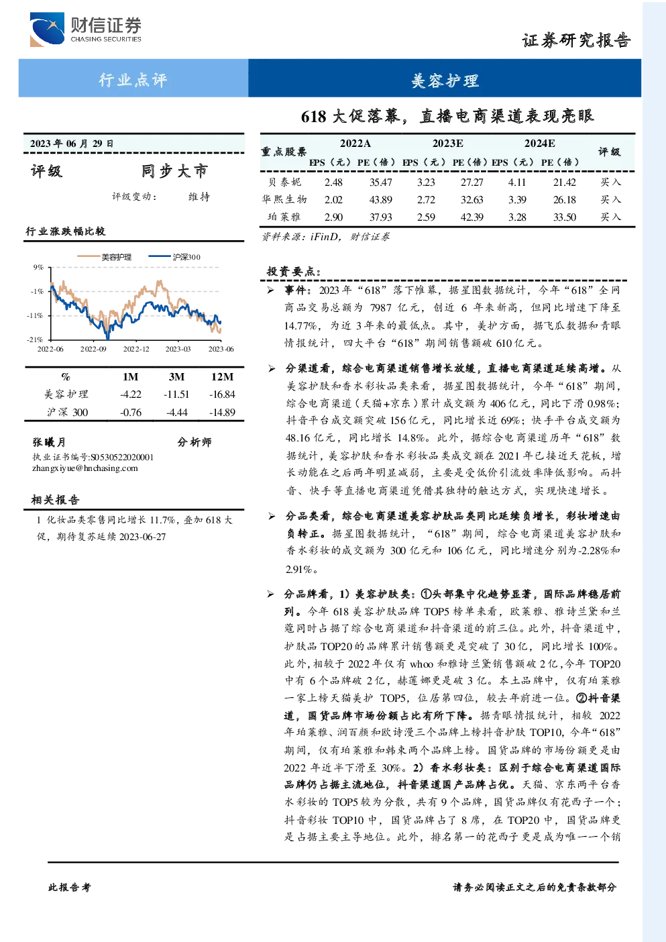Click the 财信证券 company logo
[x=85, y=29]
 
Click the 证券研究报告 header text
[x=576, y=40]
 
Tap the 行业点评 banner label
[x=133, y=79]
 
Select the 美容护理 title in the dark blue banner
[x=445, y=81]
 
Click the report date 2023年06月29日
[x=72, y=144]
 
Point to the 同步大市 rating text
[x=174, y=171]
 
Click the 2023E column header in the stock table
[x=448, y=144]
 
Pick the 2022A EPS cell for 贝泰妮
[x=333, y=182]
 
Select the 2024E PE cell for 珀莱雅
[x=565, y=217]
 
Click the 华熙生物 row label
[x=284, y=199]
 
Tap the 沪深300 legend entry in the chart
[x=174, y=257]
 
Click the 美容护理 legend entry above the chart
[x=104, y=257]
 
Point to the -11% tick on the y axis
[x=35, y=315]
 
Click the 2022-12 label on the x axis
[x=135, y=349]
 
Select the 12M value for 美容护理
[x=222, y=395]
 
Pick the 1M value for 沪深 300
[x=131, y=413]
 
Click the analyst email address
[x=85, y=468]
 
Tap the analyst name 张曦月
[x=49, y=442]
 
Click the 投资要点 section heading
[x=294, y=271]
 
